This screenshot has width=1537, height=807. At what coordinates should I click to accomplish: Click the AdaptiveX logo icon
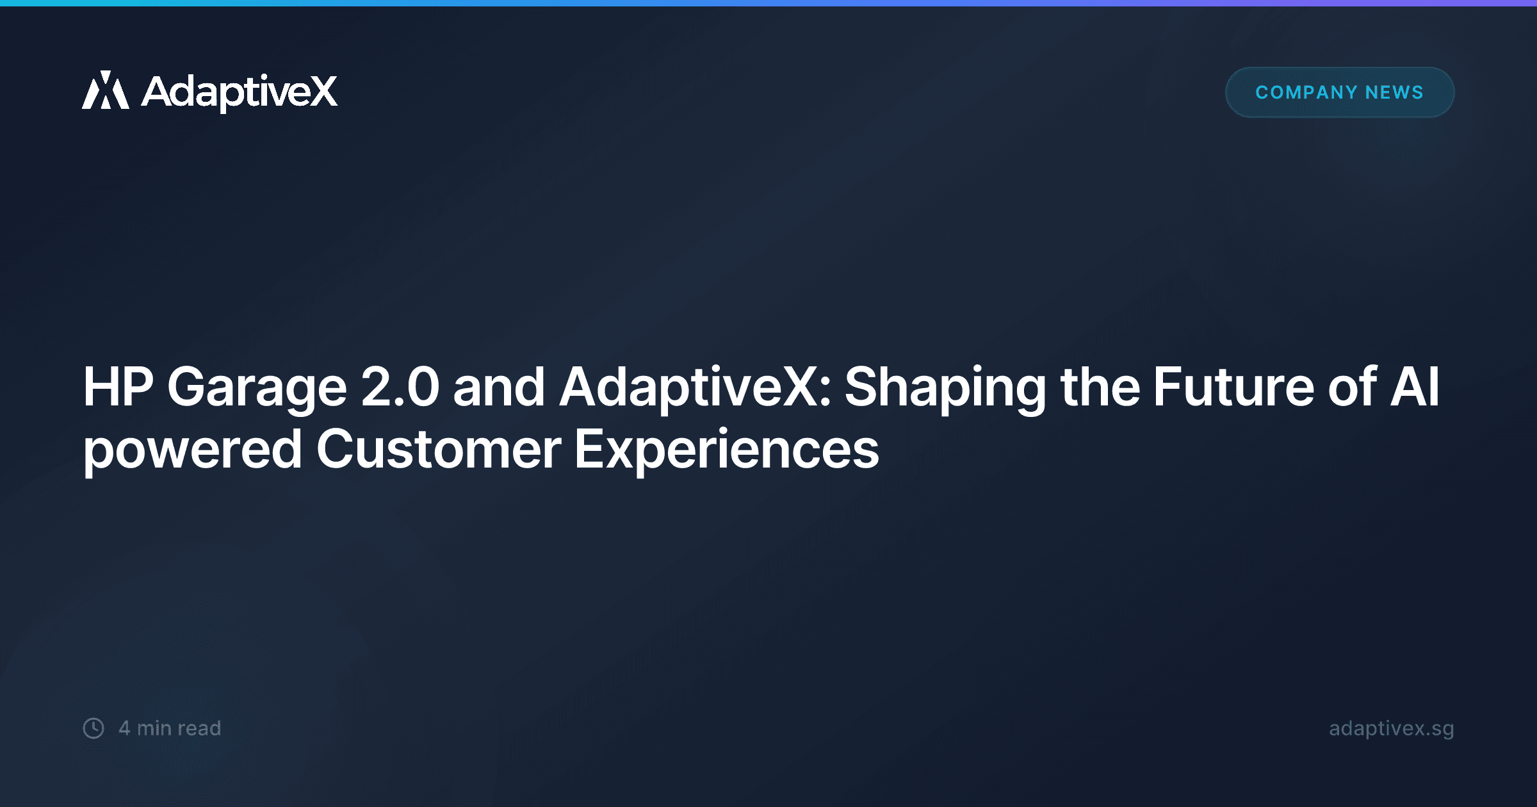(x=106, y=90)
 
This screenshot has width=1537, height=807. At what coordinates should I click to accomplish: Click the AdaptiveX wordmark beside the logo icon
(x=239, y=92)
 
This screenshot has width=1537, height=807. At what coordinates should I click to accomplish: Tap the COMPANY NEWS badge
(x=1339, y=92)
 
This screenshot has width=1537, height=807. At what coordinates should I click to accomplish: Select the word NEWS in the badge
(x=1394, y=92)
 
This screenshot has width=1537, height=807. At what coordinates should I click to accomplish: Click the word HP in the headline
(x=118, y=387)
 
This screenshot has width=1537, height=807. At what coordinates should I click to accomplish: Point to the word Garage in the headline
(x=257, y=387)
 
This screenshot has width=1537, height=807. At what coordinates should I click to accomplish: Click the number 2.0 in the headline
(x=400, y=387)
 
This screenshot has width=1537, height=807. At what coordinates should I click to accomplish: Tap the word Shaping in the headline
(x=945, y=387)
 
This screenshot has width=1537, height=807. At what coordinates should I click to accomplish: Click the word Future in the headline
(x=1233, y=387)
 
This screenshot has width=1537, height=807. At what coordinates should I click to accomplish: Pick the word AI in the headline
(x=1415, y=387)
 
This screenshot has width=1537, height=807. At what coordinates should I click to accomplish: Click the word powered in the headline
(x=192, y=450)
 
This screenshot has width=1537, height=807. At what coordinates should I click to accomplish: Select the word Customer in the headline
(x=439, y=450)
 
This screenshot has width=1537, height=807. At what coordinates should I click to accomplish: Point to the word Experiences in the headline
(x=726, y=450)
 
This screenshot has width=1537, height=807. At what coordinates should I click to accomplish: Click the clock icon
(x=94, y=728)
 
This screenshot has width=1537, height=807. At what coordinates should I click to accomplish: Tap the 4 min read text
(x=170, y=728)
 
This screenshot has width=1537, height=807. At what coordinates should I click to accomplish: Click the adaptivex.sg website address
(x=1391, y=728)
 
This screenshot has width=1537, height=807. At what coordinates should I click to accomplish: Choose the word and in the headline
(x=499, y=387)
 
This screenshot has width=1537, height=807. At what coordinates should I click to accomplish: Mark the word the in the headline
(x=1100, y=387)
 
